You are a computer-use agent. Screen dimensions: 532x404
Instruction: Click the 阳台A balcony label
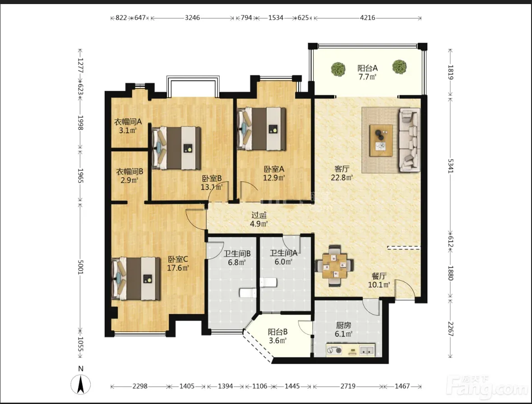(367, 68)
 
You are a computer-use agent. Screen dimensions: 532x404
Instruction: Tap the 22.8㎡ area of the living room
(342, 177)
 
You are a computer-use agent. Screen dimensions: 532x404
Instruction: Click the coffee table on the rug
(381, 141)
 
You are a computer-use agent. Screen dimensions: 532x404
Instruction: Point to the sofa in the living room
(409, 139)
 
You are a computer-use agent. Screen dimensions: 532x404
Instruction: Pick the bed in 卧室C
(136, 279)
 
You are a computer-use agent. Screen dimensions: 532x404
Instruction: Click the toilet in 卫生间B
(248, 292)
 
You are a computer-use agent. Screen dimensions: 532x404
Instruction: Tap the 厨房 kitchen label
(343, 325)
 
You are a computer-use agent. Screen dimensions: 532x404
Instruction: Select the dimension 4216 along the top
(367, 18)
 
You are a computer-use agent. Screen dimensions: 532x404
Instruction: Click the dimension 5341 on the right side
(451, 166)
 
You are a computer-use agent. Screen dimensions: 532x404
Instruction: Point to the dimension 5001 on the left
(80, 267)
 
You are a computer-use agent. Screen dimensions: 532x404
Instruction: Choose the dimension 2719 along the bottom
(348, 386)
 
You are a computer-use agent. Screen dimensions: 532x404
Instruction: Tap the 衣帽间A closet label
(128, 121)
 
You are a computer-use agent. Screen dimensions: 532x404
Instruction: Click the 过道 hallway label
(259, 215)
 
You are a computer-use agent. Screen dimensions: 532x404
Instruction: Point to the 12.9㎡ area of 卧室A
(274, 177)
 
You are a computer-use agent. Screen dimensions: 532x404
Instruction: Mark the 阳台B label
(278, 332)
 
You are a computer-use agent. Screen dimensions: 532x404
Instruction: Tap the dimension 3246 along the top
(192, 18)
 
